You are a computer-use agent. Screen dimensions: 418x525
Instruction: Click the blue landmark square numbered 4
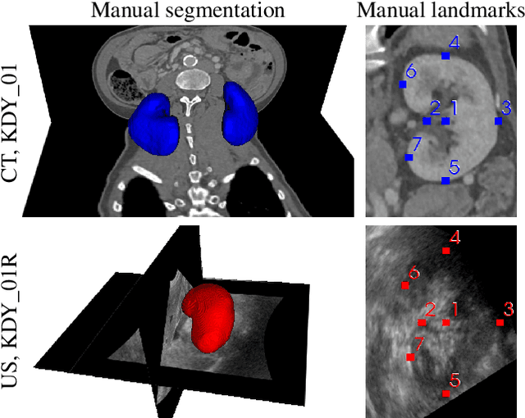(445, 56)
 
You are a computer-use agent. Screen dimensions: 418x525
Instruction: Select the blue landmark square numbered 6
(403, 84)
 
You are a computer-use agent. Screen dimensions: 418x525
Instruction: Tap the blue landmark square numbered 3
(498, 120)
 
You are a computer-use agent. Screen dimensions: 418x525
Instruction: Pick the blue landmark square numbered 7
(409, 157)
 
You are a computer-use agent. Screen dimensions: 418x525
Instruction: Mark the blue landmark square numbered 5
(445, 179)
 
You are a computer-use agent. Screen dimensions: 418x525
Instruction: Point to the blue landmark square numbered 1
(445, 120)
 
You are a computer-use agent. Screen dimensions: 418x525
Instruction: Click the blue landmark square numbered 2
(427, 120)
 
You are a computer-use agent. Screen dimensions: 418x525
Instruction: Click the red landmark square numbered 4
(445, 251)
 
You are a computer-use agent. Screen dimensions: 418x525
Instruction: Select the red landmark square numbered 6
(404, 285)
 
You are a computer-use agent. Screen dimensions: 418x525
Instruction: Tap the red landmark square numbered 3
(500, 322)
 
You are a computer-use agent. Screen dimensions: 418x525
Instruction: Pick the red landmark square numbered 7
(410, 357)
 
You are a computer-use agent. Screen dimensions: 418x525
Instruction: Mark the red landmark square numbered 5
(445, 393)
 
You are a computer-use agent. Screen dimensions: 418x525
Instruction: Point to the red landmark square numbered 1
(445, 322)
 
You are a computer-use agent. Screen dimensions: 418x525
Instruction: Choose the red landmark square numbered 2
(422, 322)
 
